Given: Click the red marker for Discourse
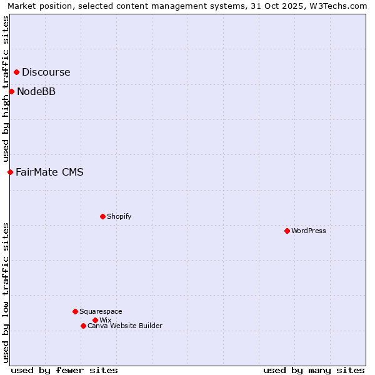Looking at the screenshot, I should coord(16,72).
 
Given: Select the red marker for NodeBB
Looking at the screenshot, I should coord(11,91).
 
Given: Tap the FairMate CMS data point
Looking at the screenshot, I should coord(10,172).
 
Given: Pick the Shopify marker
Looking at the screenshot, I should coord(102,216).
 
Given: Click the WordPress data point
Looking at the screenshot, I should coord(287,231).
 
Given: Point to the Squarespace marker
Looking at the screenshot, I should coord(75,311).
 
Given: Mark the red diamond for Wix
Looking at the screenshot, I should coord(95,320).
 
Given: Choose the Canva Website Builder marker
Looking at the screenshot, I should coord(83,326).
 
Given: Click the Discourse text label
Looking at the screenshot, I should coord(46,72).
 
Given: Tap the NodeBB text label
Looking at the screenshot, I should coord(36,91).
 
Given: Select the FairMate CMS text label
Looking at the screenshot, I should coord(49,172).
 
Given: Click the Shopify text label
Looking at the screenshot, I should coord(119,216).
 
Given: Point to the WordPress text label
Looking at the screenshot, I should coord(309,231).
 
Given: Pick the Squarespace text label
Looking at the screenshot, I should coord(101,311).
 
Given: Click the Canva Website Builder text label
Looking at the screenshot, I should coord(125,326).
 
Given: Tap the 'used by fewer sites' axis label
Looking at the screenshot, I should coord(64,370).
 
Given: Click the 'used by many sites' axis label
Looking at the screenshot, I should coord(314,370).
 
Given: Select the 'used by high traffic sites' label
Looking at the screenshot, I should coord(6,89).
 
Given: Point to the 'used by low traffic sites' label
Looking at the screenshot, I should coord(6,292).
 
